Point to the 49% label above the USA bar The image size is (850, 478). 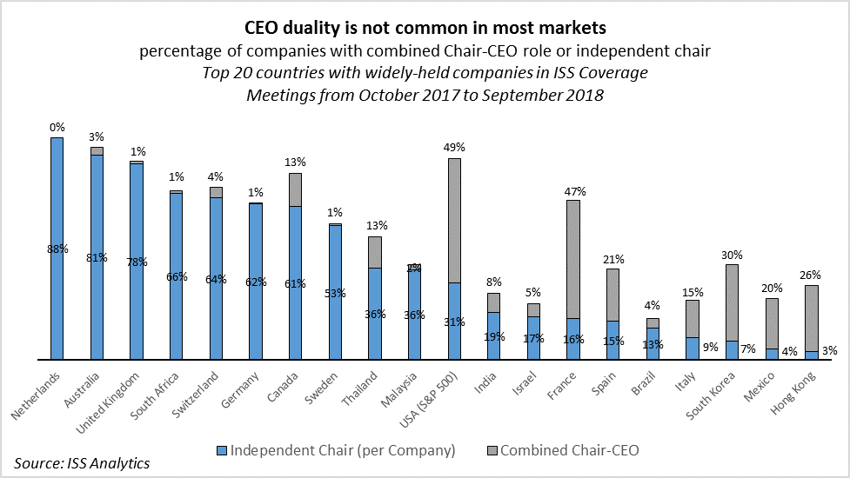454,148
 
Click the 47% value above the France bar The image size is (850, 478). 574,190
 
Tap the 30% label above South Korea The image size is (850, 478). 733,255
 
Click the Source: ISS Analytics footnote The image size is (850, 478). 82,462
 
